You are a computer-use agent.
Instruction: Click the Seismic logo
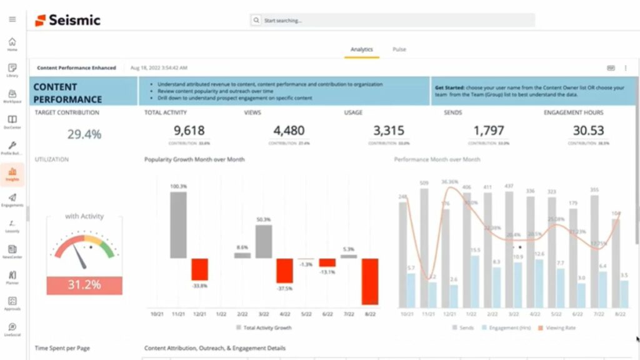(67, 20)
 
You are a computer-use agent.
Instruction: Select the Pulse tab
(399, 49)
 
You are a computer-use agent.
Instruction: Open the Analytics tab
(361, 49)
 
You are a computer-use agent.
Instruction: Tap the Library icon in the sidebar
(12, 69)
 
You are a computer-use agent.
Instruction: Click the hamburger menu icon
(12, 19)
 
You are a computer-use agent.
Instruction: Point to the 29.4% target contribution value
(84, 134)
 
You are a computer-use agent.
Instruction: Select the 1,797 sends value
(488, 131)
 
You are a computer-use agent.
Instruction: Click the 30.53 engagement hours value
(588, 131)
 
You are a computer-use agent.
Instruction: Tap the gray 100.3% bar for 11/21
(178, 225)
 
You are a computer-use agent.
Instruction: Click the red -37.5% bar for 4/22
(284, 271)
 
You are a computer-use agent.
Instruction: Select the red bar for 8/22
(369, 281)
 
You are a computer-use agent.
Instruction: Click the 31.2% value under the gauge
(84, 285)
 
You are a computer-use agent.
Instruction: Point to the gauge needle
(80, 254)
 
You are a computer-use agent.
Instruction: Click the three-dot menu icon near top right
(626, 67)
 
